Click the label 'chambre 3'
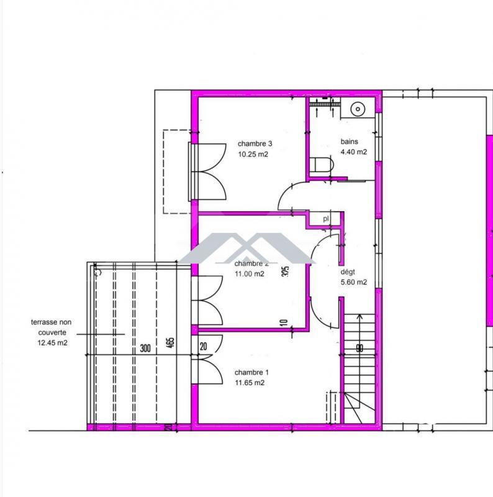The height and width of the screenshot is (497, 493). [255, 144]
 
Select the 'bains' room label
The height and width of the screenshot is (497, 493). [349, 142]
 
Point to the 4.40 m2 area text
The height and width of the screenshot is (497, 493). [353, 152]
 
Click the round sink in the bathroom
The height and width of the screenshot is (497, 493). [358, 109]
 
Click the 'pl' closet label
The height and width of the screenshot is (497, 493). [326, 219]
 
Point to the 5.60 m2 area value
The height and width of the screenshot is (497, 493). [353, 282]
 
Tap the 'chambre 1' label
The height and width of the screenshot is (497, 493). [251, 373]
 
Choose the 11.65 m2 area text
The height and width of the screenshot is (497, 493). [250, 383]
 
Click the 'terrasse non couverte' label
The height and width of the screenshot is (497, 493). [50, 327]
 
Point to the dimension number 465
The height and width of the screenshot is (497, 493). [170, 344]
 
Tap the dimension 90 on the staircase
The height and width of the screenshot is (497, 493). [359, 349]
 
